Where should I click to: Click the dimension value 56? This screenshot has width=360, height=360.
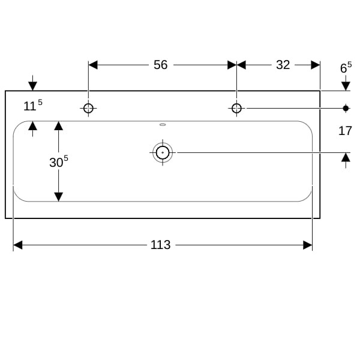pos(160,65)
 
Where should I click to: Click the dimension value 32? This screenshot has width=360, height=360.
pos(283,65)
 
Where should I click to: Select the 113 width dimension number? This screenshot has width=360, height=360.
pos(160,245)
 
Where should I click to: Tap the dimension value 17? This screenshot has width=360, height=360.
pos(345,131)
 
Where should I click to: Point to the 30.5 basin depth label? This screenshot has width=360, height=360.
pos(59,161)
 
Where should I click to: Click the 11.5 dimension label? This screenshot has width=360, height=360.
pos(33,105)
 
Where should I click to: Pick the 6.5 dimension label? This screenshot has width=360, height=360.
pos(346,67)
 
